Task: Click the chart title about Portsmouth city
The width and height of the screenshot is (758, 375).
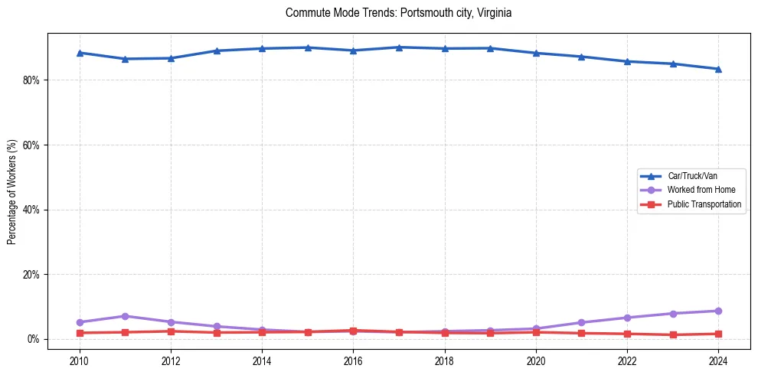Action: [x=397, y=13]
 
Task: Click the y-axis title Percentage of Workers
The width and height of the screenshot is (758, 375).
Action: [x=11, y=191]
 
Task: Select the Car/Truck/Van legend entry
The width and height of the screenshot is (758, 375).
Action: [x=692, y=176]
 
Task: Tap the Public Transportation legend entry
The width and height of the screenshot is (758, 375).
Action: [x=704, y=204]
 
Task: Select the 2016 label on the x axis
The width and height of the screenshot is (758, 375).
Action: [x=353, y=360]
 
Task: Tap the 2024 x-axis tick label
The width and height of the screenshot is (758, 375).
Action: [x=718, y=360]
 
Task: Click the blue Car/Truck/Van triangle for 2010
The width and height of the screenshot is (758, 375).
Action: [x=80, y=53]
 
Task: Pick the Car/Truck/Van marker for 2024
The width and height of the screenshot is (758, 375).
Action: [x=718, y=69]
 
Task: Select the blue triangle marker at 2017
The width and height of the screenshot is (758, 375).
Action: [x=399, y=47]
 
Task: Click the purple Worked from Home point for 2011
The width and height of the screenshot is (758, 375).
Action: [x=125, y=316]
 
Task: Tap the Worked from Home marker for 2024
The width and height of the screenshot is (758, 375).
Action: [x=718, y=311]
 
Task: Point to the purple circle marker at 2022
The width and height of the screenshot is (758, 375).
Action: [x=627, y=318]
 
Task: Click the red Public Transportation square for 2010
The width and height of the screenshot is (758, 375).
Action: [x=80, y=333]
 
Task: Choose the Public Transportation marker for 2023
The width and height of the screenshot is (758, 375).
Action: [x=673, y=334]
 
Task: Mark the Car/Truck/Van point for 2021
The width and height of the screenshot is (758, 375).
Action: [x=581, y=57]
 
